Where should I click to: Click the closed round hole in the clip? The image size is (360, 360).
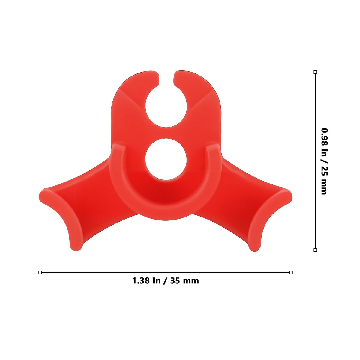166,159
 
